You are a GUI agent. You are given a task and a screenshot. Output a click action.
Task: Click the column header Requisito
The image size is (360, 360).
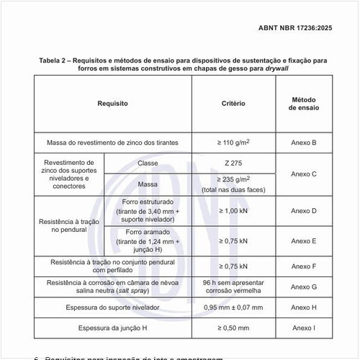click(112, 104)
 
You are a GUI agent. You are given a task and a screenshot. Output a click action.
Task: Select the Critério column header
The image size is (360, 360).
click(233, 104)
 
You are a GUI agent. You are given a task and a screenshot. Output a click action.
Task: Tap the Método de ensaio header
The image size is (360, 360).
click(303, 104)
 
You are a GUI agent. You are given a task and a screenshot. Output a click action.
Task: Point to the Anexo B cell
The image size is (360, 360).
click(303, 143)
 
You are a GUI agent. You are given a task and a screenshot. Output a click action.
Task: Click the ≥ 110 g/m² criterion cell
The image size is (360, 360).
click(233, 143)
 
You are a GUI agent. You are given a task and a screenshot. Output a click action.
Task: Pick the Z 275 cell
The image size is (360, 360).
click(233, 163)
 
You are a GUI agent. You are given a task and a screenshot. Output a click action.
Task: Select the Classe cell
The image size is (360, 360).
click(148, 163)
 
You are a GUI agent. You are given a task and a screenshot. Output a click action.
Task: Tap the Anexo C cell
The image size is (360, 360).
click(303, 174)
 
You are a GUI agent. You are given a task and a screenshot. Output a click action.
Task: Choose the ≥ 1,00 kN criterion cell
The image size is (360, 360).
click(233, 211)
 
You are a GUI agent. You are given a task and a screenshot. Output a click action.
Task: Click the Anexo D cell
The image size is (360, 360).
click(303, 211)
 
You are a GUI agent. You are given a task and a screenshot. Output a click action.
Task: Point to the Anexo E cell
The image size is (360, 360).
click(303, 240)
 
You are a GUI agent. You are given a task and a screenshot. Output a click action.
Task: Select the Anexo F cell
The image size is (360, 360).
click(303, 266)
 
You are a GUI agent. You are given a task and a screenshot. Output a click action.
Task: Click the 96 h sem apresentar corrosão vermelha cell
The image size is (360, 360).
click(233, 287)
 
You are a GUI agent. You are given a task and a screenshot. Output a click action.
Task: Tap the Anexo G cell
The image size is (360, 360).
click(303, 287)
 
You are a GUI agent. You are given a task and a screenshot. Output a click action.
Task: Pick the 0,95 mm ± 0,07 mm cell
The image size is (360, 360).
click(233, 307)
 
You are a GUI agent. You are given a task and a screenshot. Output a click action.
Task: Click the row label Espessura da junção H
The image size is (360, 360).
click(112, 328)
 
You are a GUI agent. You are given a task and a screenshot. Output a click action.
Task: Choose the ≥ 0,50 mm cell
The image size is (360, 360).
click(233, 328)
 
